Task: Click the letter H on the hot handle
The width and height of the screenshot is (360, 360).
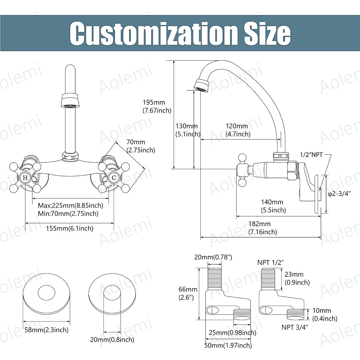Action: click(x=25, y=178)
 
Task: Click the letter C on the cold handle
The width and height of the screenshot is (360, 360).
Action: click(x=114, y=178)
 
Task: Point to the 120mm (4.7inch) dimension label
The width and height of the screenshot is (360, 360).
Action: click(x=238, y=130)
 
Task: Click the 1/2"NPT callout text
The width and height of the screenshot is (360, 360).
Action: click(x=311, y=155)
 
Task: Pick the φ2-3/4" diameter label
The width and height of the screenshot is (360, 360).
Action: click(x=339, y=194)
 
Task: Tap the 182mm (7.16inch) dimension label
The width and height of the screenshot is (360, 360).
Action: click(x=262, y=228)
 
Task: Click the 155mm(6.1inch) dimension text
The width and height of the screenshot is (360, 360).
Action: click(x=70, y=228)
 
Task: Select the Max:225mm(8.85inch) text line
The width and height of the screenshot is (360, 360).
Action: click(x=70, y=205)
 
